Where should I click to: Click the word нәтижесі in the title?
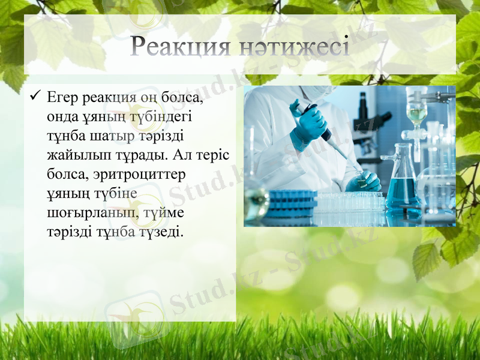297,47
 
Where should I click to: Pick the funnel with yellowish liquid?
416,114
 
